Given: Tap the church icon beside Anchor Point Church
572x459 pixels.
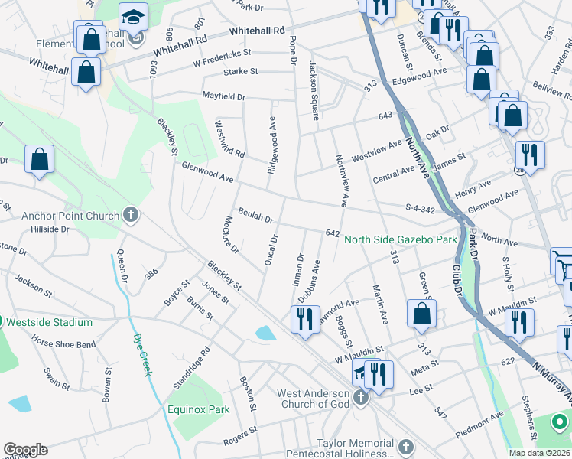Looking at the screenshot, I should point(131,216).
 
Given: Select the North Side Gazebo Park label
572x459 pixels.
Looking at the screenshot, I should point(401,239).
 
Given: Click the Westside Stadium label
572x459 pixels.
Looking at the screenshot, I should point(49,323).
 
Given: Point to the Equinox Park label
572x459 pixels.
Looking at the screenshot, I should point(199,409).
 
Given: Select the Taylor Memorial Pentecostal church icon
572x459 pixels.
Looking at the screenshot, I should point(405,445).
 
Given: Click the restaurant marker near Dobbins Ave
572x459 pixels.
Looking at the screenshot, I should point(305,318).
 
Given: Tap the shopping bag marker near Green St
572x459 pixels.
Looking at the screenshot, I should point(421,314).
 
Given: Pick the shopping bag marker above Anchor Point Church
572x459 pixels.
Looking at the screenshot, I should point(39,161).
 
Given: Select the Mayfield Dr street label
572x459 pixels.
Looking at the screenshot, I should point(223,97).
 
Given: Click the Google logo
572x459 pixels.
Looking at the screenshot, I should point(25,450).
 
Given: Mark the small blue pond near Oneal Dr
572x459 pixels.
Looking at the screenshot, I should point(266,333).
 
